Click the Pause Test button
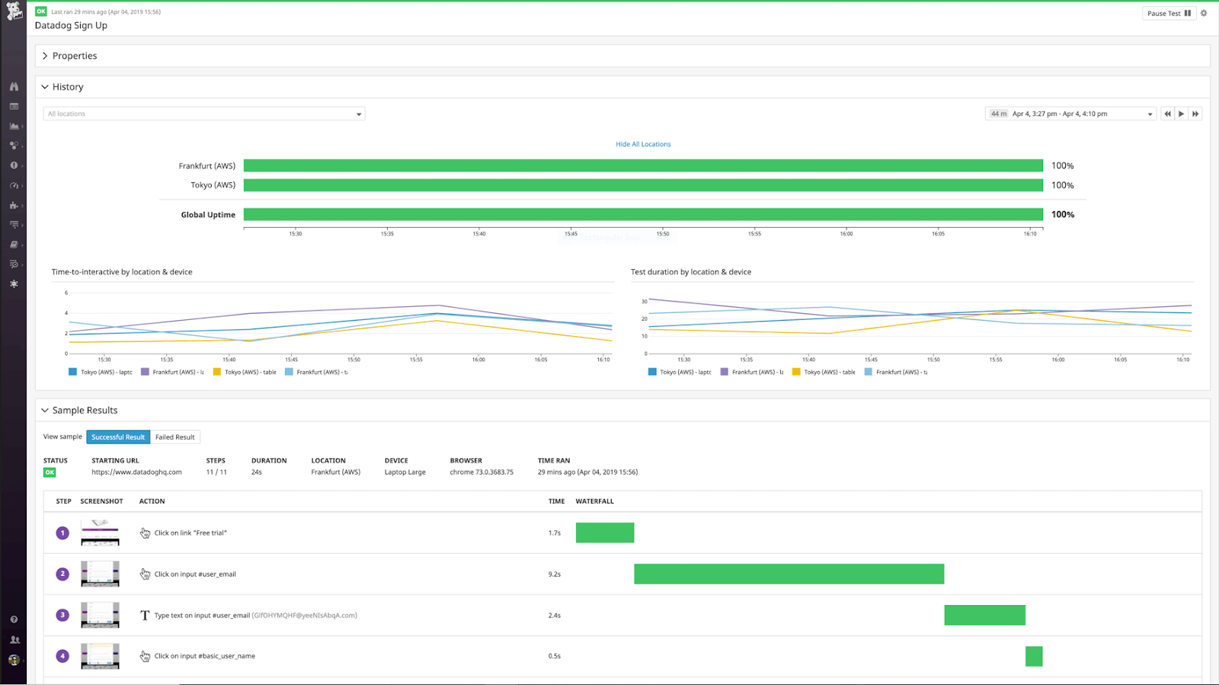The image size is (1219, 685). [1168, 13]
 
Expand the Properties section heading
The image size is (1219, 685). [74, 56]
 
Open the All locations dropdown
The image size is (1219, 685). [203, 114]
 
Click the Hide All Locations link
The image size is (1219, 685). [643, 144]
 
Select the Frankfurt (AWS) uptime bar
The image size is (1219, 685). [643, 165]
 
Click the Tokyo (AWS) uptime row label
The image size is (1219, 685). [213, 185]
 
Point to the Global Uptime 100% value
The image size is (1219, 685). [1063, 215]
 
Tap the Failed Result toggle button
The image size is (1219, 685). [174, 437]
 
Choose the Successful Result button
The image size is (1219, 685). [118, 437]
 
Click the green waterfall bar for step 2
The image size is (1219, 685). [789, 574]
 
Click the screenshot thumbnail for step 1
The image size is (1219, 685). [100, 533]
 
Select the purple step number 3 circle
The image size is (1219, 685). [62, 615]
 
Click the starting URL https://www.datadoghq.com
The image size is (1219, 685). [136, 472]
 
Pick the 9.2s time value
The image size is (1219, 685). [554, 575]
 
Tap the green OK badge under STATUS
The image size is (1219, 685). [50, 472]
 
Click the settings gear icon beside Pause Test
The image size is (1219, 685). [1204, 13]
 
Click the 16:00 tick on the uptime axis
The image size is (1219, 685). [846, 232]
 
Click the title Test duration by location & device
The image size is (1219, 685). [690, 272]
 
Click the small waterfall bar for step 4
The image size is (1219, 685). [1034, 656]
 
